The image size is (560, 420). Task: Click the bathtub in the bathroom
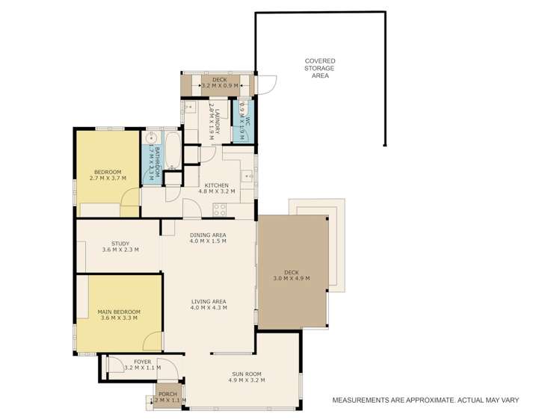pos(172,151)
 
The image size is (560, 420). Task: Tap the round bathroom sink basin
pos(150,139)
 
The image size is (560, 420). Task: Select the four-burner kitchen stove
pos(220,209)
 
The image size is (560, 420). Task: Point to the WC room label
pos(247,116)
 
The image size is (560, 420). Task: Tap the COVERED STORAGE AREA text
pos(320,68)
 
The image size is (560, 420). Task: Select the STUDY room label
pos(120,244)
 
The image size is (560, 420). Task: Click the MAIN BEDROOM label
pos(119,312)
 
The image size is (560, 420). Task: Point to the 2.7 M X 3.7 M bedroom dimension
pos(108,179)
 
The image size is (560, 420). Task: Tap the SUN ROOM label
pos(246,374)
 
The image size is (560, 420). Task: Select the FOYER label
pos(142,362)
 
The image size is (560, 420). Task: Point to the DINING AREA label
pos(208,235)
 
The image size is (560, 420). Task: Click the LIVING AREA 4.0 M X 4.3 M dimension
pos(208,308)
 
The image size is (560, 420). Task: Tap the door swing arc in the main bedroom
pos(152,340)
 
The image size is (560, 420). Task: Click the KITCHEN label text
pos(217,185)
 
